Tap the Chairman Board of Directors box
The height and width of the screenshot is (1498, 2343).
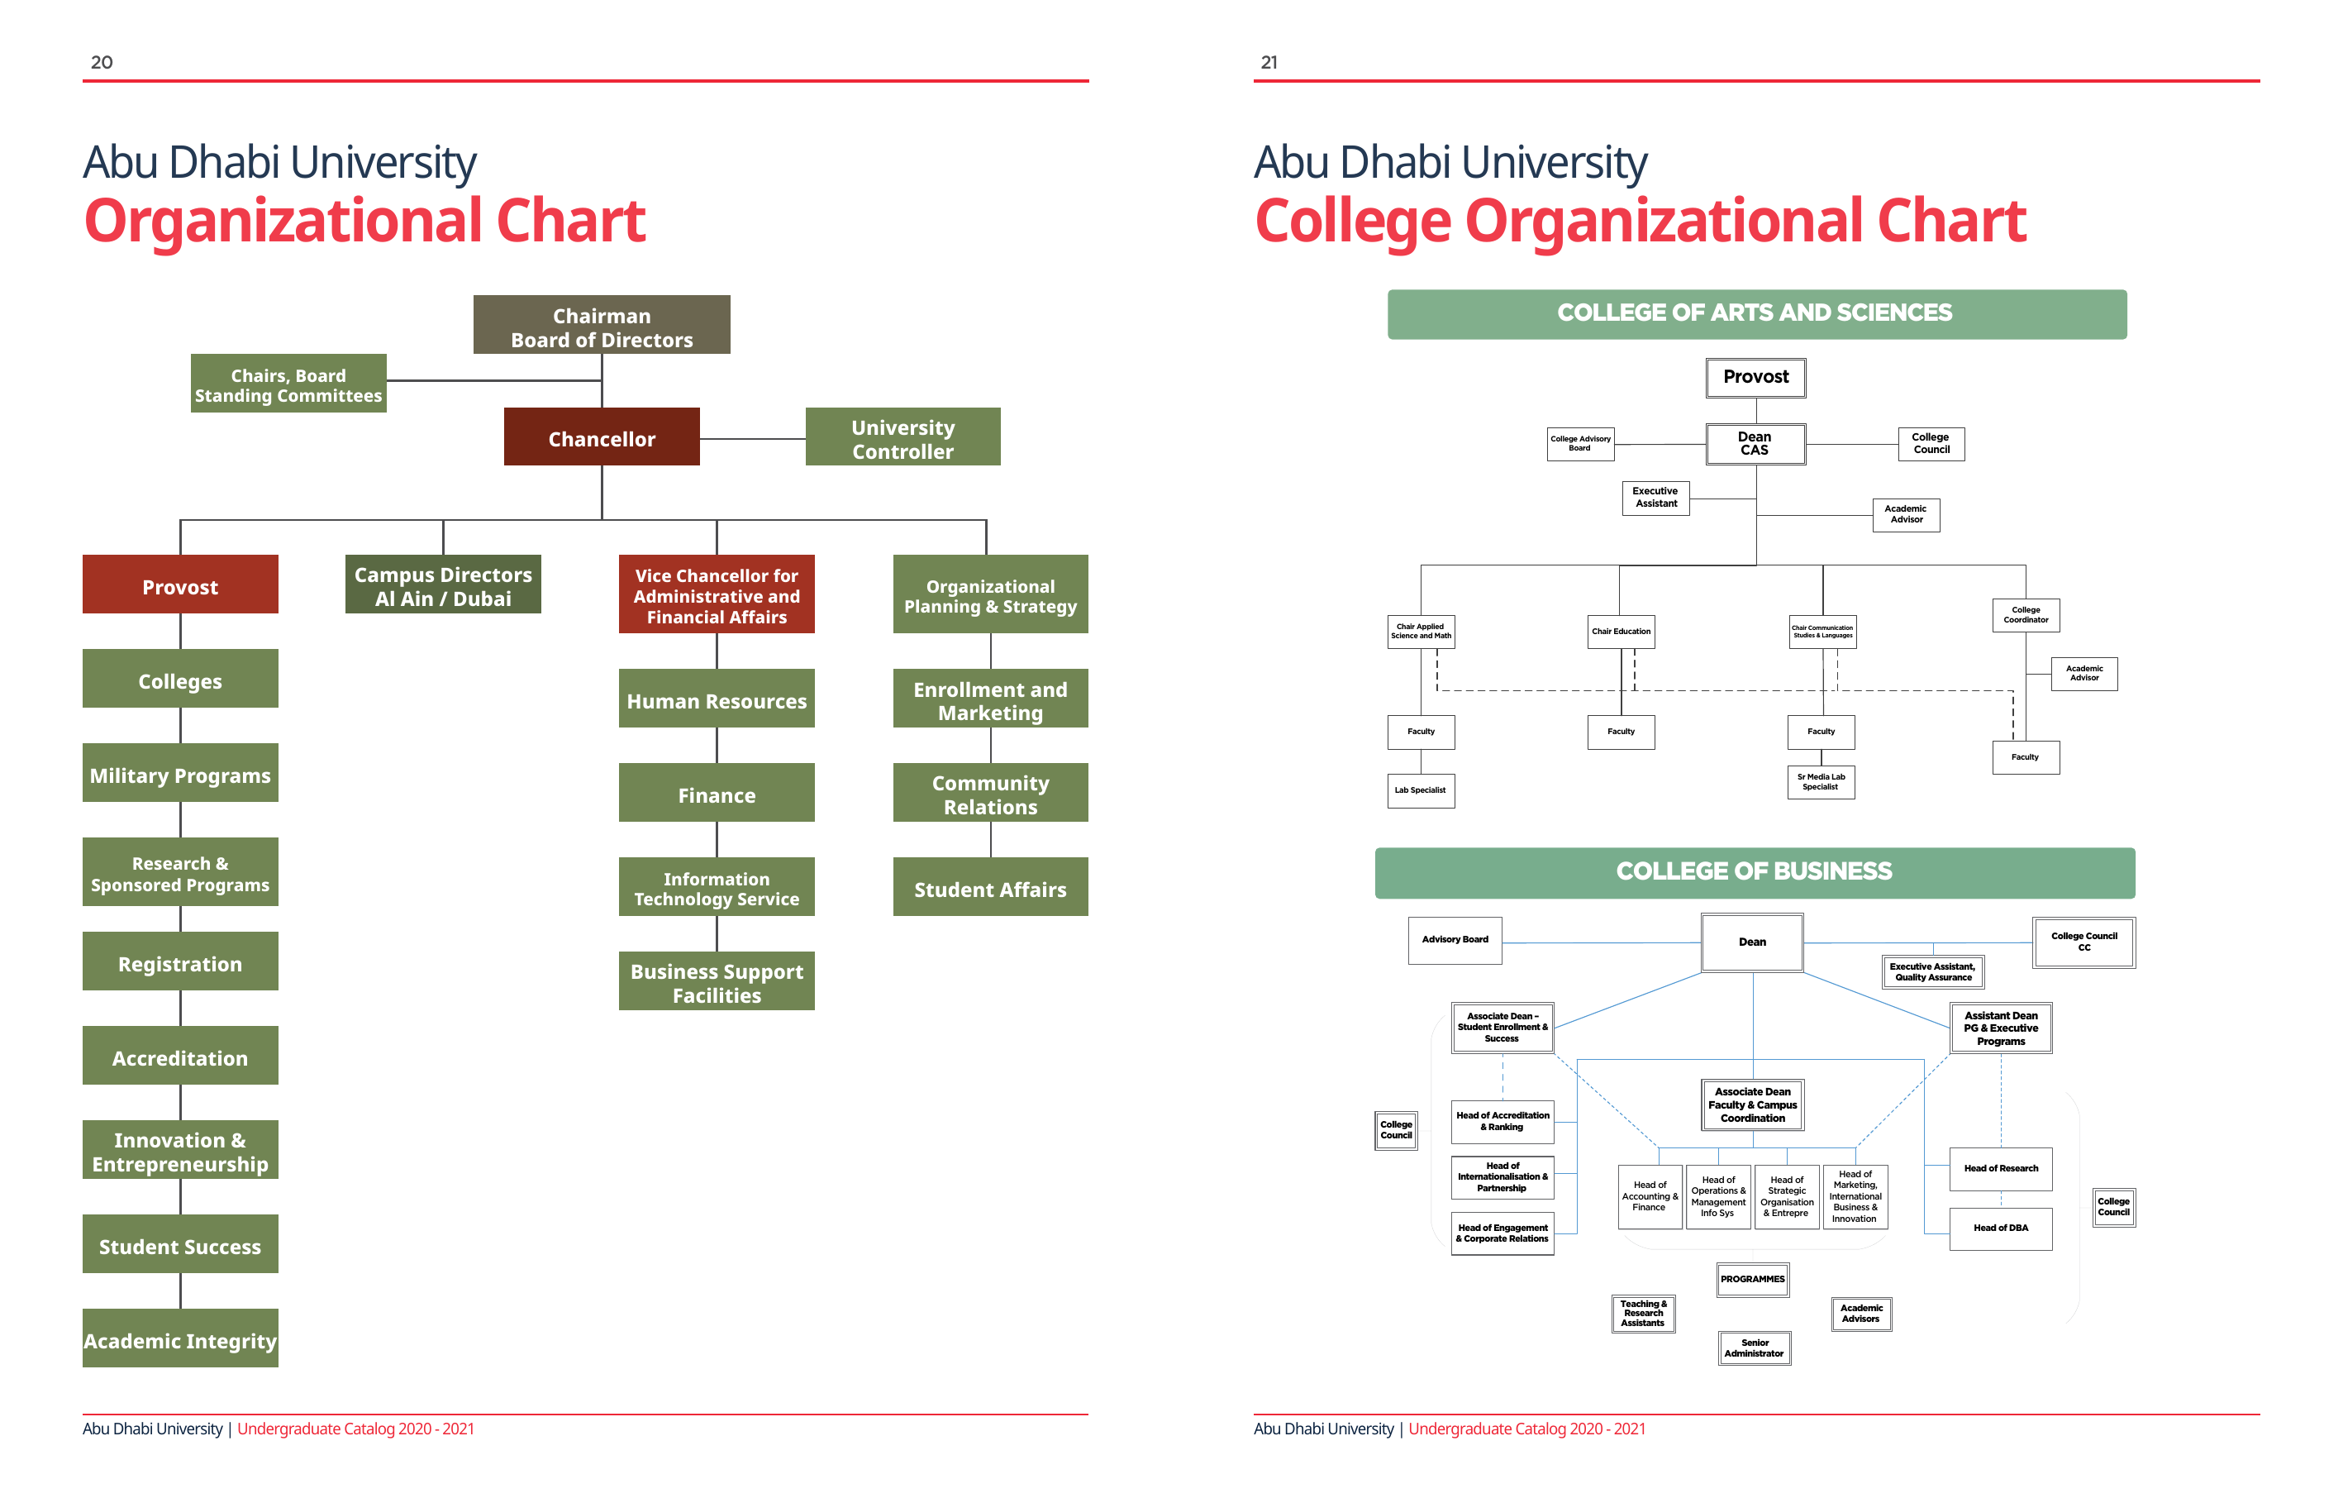point(602,325)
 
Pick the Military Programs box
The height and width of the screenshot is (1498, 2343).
point(180,774)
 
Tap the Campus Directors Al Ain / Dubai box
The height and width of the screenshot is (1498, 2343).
point(443,585)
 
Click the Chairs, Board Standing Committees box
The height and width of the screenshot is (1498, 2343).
point(288,384)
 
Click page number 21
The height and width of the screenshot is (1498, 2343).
point(1269,62)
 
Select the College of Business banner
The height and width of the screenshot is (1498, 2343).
point(1754,872)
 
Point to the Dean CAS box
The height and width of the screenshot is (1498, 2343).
point(1755,444)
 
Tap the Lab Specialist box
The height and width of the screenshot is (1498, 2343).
point(1421,790)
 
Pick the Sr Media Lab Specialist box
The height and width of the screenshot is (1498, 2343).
point(1821,781)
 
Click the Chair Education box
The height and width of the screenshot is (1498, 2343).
point(1621,632)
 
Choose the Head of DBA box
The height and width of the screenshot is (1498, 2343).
point(2001,1228)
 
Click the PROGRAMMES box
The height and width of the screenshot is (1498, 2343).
point(1752,1279)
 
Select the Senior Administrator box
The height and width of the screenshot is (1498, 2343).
point(1754,1348)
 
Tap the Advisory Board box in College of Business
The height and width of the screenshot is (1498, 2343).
point(1455,940)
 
